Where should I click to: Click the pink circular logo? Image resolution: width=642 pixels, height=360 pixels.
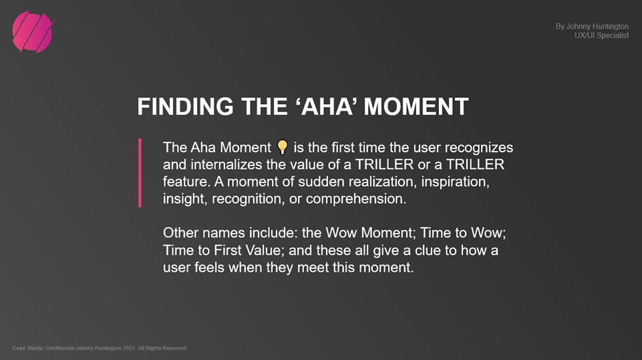pos(33,32)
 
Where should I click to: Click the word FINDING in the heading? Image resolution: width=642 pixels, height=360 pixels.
pos(185,106)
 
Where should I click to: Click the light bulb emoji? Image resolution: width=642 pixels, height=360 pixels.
pos(283,147)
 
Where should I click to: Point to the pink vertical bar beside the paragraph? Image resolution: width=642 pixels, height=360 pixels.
pos(140,172)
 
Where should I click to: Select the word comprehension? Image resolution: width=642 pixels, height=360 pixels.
pos(356,199)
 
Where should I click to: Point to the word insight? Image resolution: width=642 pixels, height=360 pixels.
pos(185,199)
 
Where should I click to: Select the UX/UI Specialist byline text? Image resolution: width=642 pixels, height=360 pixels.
pos(601,35)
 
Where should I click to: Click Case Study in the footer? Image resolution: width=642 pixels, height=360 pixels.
pos(28,348)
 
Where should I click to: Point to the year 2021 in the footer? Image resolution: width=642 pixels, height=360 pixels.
pos(128,348)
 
